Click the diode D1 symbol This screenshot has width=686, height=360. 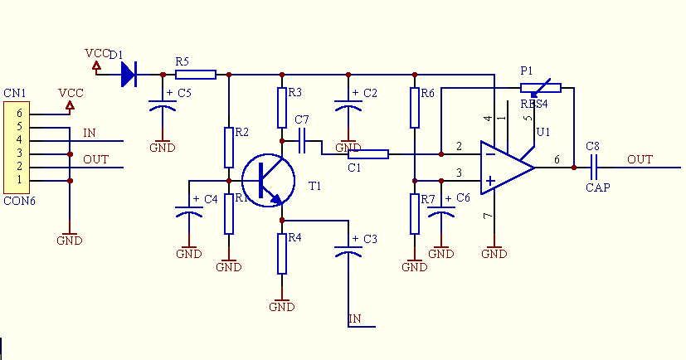pyautogui.click(x=128, y=75)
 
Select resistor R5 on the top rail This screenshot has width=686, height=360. pyautogui.click(x=196, y=75)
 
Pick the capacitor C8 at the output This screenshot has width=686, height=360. pyautogui.click(x=593, y=168)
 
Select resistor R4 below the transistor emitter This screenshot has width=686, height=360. pyautogui.click(x=282, y=253)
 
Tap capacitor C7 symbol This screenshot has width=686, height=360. pyautogui.click(x=302, y=141)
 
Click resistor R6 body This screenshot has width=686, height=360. pyautogui.click(x=415, y=108)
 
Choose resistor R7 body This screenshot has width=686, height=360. pyautogui.click(x=415, y=214)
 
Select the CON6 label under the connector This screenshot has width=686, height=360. pyautogui.click(x=18, y=201)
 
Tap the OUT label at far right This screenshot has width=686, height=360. pyautogui.click(x=640, y=159)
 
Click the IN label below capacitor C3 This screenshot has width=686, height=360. pyautogui.click(x=355, y=319)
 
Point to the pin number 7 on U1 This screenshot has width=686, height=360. pyautogui.click(x=487, y=216)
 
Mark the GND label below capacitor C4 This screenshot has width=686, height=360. pyautogui.click(x=189, y=254)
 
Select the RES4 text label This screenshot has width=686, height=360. pyautogui.click(x=533, y=104)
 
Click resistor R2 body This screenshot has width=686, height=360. pyautogui.click(x=228, y=147)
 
